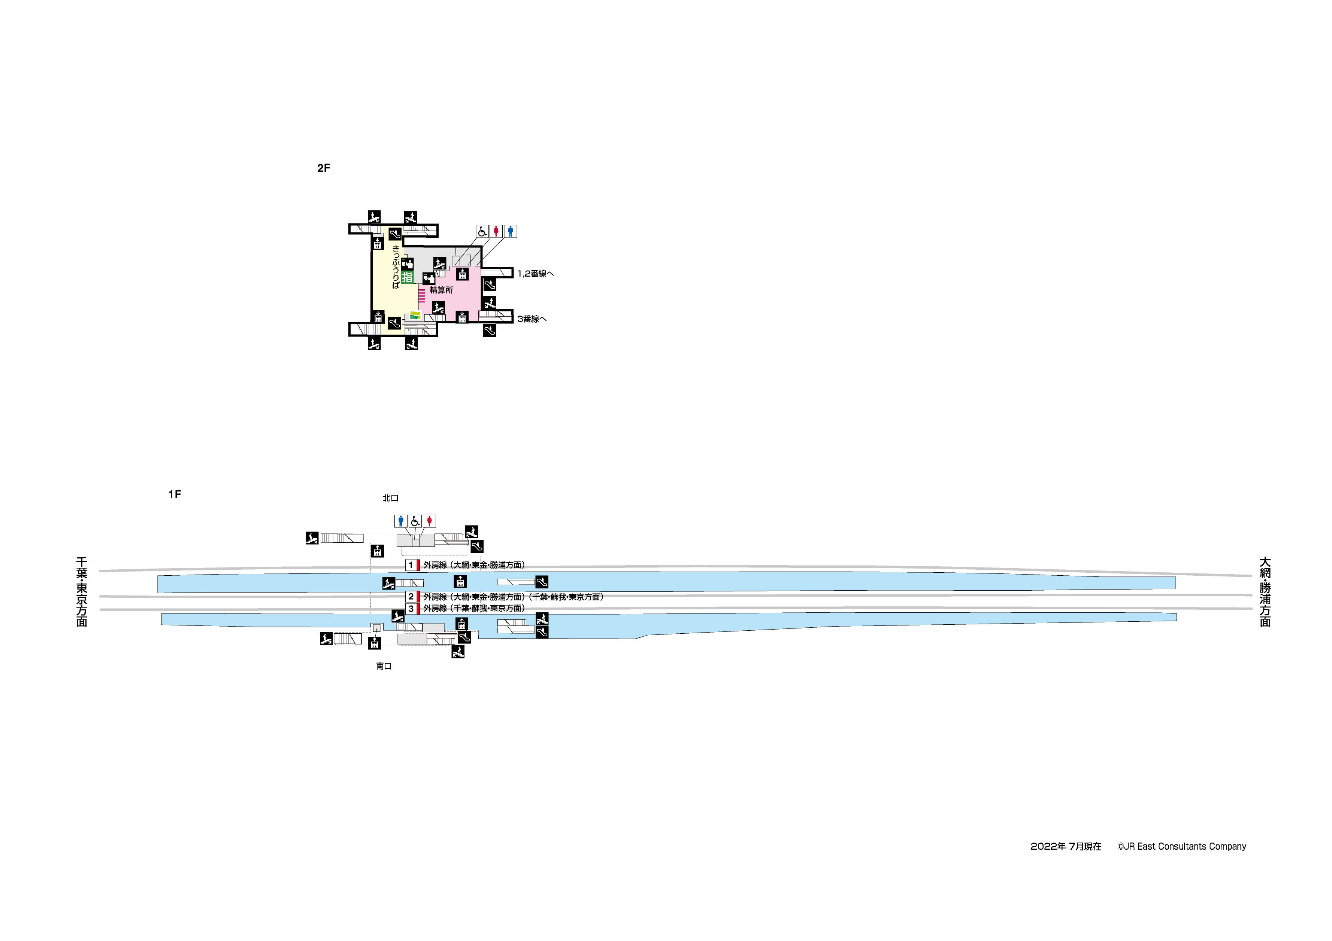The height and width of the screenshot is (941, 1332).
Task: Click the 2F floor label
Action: pos(323,168)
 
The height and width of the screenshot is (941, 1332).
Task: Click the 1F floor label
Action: pos(175,494)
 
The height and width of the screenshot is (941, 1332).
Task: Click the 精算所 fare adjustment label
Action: pos(442,290)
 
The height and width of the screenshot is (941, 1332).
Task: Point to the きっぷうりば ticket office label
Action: pos(396,267)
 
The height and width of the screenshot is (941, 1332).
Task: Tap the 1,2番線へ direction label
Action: pos(536,274)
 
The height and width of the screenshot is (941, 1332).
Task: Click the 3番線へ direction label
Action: pos(532,319)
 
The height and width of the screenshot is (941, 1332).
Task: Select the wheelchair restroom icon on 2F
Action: pos(482,231)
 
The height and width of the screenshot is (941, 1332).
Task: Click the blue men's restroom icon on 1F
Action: pos(401,521)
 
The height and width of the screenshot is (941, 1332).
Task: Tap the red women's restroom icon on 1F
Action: pos(429,521)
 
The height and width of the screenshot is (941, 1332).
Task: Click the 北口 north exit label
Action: pos(390,498)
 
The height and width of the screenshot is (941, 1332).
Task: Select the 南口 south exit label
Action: pos(384,666)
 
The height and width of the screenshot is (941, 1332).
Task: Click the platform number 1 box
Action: pos(411,565)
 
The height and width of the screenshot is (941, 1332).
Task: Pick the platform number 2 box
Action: pos(411,597)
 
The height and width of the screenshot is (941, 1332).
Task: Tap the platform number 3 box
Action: pos(411,609)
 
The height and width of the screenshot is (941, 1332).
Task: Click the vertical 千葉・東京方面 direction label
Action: pos(82,592)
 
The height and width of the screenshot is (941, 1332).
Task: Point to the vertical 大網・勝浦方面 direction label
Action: pos(1265,592)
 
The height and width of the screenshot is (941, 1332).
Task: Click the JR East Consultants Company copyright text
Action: pos(1182,847)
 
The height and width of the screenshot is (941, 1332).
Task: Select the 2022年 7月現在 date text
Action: pos(1066,847)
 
